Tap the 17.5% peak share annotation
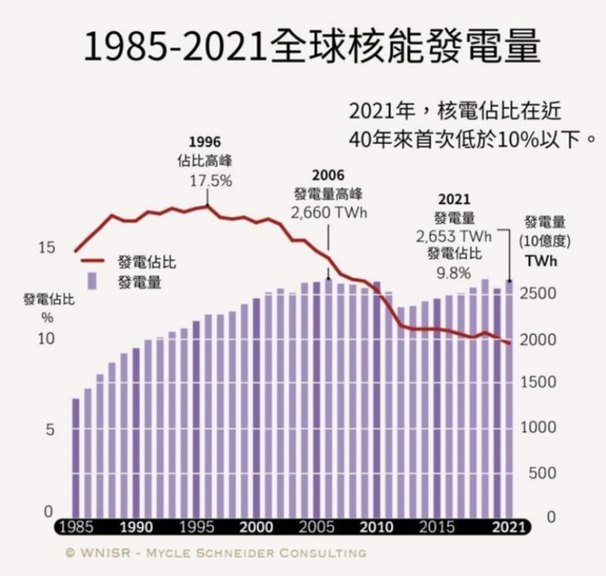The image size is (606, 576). click(x=211, y=181)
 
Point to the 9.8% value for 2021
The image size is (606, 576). click(x=454, y=273)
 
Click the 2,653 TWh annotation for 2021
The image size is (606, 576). click(x=454, y=237)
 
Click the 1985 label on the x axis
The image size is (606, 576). click(x=76, y=527)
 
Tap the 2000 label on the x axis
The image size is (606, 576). click(x=256, y=527)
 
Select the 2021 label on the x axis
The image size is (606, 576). click(x=509, y=527)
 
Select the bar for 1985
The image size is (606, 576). click(x=76, y=456)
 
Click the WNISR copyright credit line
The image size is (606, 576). click(x=215, y=554)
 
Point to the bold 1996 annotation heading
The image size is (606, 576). click(x=204, y=142)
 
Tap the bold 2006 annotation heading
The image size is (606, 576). click(x=328, y=175)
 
